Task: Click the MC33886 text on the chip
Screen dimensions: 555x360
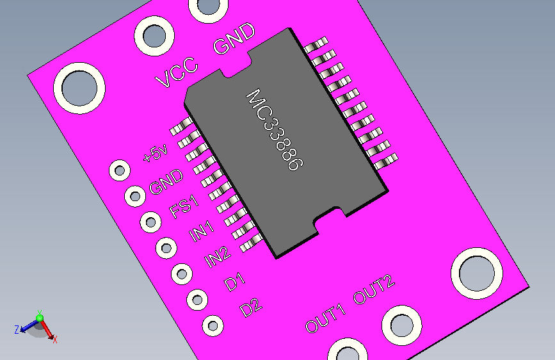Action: tap(275, 129)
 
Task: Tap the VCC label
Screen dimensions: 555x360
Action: tap(177, 72)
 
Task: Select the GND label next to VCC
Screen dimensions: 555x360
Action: tap(234, 38)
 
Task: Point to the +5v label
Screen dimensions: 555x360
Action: tap(156, 154)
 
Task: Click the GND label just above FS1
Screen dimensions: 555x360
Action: tap(166, 182)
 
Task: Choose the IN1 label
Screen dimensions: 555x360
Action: tap(202, 231)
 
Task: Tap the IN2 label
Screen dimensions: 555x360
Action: tap(218, 257)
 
